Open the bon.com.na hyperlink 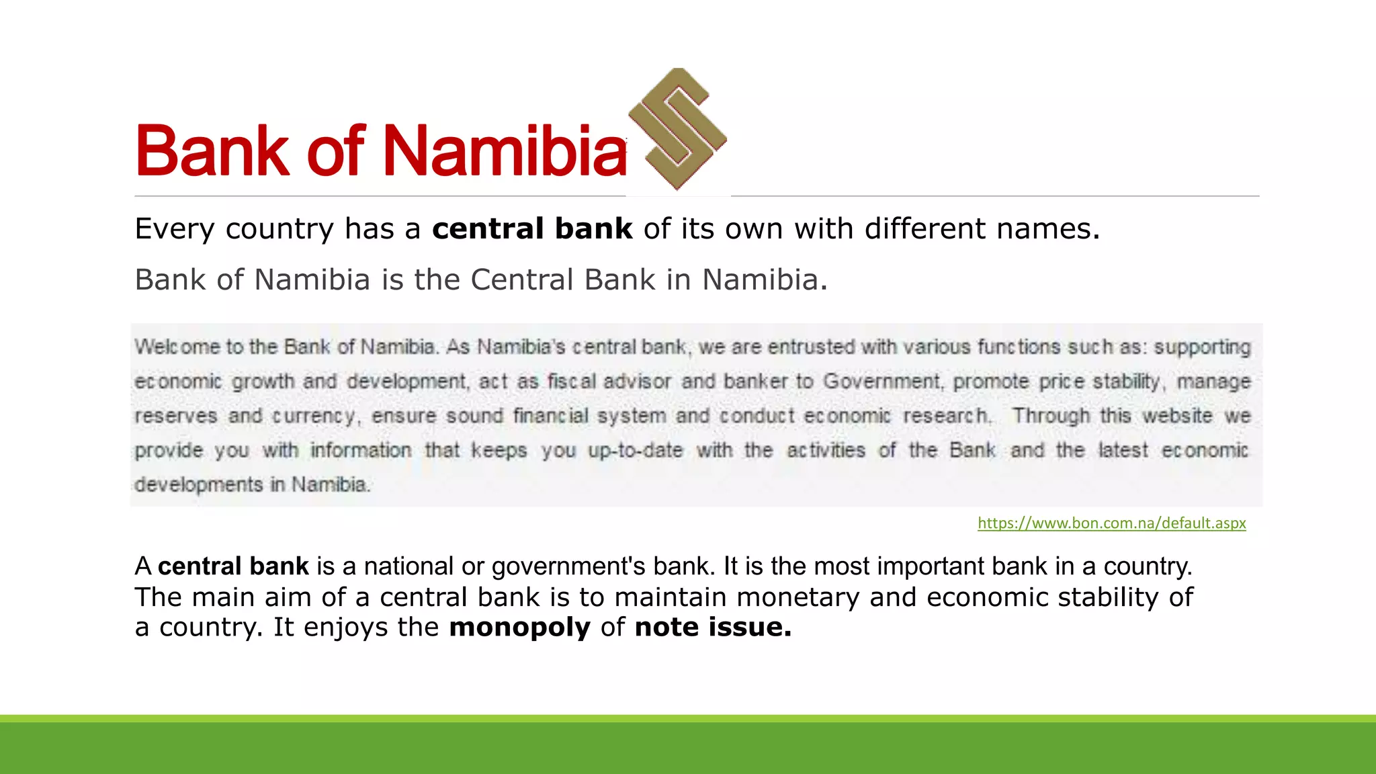(1111, 523)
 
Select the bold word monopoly (519, 627)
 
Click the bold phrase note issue (713, 627)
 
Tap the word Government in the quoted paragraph (881, 381)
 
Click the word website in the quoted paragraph (1177, 415)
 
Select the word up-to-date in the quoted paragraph (635, 450)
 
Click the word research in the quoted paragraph (946, 415)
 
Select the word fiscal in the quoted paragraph (571, 381)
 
